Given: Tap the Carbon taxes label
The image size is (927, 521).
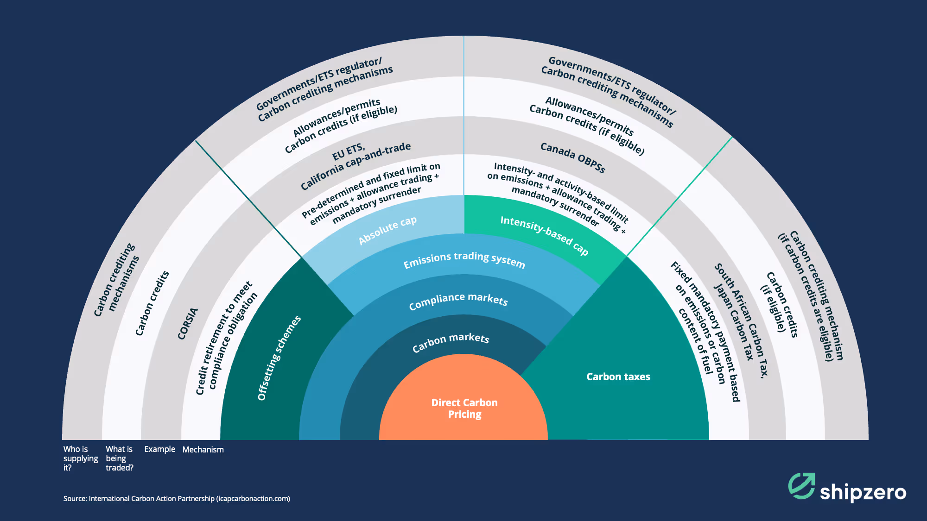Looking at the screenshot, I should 618,377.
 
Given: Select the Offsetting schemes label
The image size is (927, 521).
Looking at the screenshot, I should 279,358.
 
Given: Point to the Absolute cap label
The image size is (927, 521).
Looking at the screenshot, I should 387,230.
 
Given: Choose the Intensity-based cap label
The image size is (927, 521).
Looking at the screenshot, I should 544,235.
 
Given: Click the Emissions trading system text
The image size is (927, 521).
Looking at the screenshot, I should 464,260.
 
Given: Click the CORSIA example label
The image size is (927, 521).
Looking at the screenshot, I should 188,324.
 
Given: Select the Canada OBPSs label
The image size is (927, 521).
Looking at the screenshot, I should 573,158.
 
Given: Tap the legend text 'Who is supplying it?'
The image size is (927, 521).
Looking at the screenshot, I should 80,458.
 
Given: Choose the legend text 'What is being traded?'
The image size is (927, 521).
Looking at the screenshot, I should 119,458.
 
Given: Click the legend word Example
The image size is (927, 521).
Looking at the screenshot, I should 159,449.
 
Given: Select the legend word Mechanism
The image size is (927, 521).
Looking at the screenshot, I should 203,450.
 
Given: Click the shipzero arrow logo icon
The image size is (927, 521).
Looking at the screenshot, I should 801,486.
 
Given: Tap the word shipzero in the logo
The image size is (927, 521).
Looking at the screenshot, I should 863,492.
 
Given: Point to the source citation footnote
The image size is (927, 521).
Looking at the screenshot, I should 177,499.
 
